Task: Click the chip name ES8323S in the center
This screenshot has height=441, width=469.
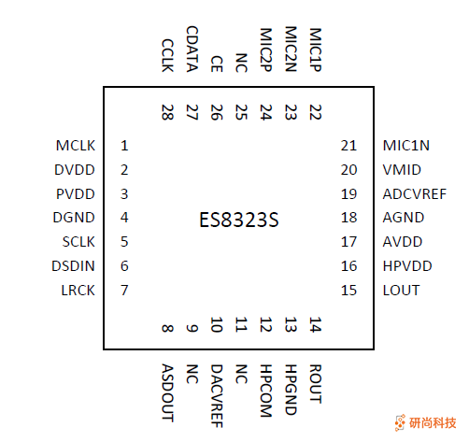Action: point(239,221)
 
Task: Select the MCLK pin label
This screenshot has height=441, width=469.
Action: point(76,146)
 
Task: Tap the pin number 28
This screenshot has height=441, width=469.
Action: point(168,113)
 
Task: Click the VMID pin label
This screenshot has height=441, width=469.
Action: point(402,170)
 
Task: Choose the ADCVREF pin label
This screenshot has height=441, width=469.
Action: point(415,194)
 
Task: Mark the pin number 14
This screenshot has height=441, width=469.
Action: point(315,326)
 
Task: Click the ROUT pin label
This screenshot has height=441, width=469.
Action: point(315,383)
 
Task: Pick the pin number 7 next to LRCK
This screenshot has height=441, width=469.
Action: point(124,290)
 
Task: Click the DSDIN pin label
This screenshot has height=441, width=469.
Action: point(74,266)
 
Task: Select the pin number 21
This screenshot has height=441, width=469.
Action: point(349,146)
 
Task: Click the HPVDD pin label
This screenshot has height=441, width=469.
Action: point(407,266)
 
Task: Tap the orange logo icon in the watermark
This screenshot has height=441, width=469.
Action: point(400,422)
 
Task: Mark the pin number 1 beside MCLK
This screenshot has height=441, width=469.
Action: point(124,146)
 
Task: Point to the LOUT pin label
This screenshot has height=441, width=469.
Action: point(401,290)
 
